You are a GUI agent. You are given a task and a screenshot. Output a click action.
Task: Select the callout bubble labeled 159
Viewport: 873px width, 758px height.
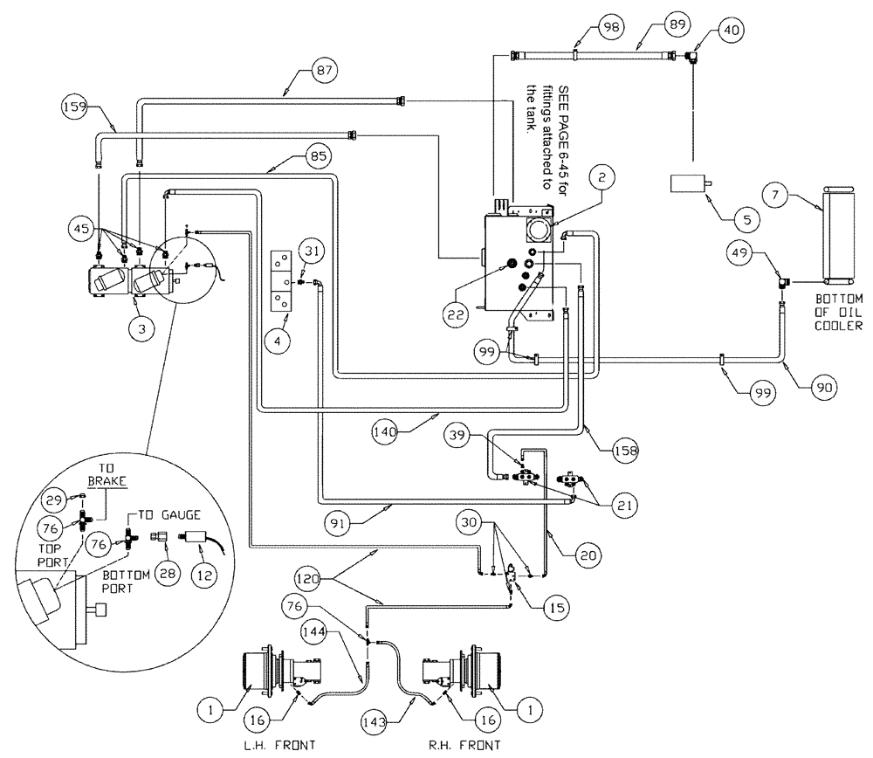click(x=75, y=109)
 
